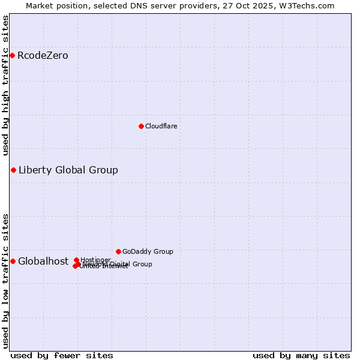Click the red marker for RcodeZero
pyautogui.click(x=12, y=55)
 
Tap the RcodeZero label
pyautogui.click(x=43, y=56)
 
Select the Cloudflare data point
pyautogui.click(x=141, y=126)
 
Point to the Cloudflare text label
pyautogui.click(x=161, y=126)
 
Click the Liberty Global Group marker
pyautogui.click(x=13, y=170)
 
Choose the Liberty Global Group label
pyautogui.click(x=68, y=170)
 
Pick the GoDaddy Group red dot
pyautogui.click(x=118, y=251)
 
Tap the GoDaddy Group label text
pyautogui.click(x=148, y=251)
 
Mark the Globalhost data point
pyautogui.click(x=13, y=261)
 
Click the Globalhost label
pyautogui.click(x=43, y=261)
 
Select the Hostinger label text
pyautogui.click(x=95, y=259)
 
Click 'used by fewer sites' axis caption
pyautogui.click(x=62, y=355)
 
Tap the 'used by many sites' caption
pyautogui.click(x=301, y=355)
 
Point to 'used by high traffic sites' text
pyautogui.click(x=5, y=85)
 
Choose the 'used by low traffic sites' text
pyautogui.click(x=5, y=280)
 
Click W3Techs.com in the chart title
pyautogui.click(x=310, y=5)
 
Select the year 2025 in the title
pyautogui.click(x=267, y=5)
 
